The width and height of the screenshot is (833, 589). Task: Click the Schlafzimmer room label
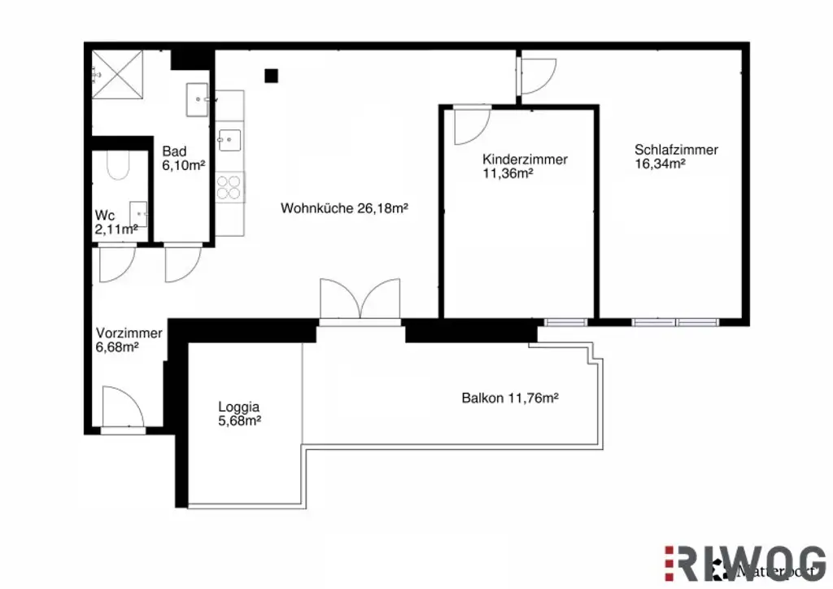tap(676, 150)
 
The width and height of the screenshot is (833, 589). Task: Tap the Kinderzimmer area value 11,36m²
tap(507, 172)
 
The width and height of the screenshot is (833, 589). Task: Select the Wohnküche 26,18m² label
tap(344, 208)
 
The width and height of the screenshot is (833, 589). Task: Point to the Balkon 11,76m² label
tap(509, 399)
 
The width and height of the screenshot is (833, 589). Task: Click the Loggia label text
tap(238, 407)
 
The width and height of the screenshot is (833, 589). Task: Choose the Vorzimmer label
tap(129, 334)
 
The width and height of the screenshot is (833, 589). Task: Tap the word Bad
tap(174, 151)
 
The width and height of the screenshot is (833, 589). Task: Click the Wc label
tap(104, 215)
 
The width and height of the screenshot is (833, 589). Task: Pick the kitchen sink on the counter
tap(229, 139)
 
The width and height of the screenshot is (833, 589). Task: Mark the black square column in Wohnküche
tap(272, 76)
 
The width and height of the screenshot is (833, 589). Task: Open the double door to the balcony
tap(360, 301)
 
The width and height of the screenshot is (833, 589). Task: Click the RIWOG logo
tap(745, 561)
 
